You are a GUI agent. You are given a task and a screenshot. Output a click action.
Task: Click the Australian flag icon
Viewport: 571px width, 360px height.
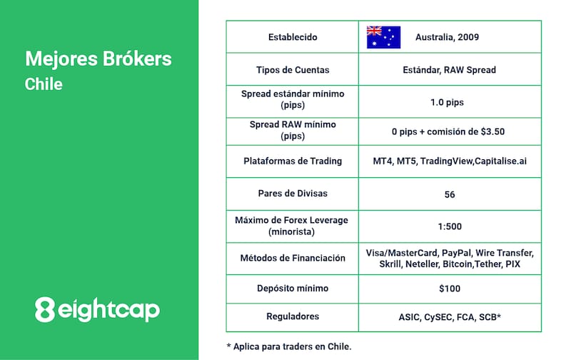pos(383,37)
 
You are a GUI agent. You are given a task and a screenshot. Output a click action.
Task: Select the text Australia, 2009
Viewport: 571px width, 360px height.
pos(447,37)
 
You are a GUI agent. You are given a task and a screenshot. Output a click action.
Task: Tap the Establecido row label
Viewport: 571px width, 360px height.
pos(293,37)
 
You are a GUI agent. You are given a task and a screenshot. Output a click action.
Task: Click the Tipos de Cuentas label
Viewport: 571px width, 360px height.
pos(293,70)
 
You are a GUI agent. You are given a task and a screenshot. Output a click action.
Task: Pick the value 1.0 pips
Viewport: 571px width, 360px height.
pos(448,102)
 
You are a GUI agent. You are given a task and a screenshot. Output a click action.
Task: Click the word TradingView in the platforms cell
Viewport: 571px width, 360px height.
pos(447,161)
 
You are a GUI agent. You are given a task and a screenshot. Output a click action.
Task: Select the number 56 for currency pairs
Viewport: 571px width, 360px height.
pos(450,194)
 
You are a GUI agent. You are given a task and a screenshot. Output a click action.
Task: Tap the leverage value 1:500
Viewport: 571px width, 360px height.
pos(450,226)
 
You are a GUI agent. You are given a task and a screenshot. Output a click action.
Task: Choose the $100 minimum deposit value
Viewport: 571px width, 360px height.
pos(450,289)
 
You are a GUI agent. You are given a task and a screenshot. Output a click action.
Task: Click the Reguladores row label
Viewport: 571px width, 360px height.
pos(293,316)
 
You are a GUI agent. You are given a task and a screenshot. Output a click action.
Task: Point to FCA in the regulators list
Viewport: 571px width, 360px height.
pos(465,317)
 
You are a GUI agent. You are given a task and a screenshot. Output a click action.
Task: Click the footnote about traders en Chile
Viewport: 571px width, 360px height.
pos(289,346)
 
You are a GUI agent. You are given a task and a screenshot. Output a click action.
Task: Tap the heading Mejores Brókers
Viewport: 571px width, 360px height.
pos(98,59)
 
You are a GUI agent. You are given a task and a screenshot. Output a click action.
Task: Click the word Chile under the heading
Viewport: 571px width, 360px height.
pos(44,84)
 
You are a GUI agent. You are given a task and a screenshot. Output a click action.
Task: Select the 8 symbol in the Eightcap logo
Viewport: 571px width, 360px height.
pos(45,309)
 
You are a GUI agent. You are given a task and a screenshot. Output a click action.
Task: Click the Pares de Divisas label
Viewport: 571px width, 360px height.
pos(293,194)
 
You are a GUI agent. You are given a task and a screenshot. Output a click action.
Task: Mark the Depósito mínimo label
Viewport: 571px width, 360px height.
pos(293,289)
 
